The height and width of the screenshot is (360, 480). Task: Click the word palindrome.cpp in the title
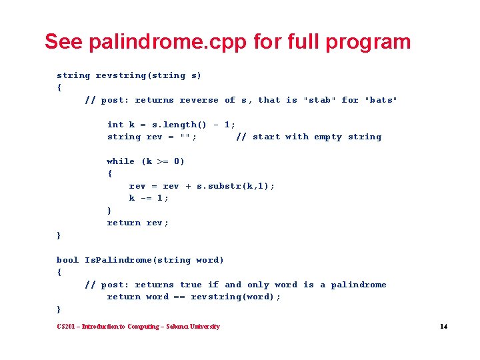point(169,42)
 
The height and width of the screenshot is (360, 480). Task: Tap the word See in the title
point(64,42)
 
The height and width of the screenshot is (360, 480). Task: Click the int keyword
point(115,125)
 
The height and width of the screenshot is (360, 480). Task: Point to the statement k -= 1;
point(149,198)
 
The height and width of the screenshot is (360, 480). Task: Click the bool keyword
point(67,260)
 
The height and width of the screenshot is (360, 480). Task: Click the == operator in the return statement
point(179,297)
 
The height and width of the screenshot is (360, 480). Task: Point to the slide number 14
point(443,327)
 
